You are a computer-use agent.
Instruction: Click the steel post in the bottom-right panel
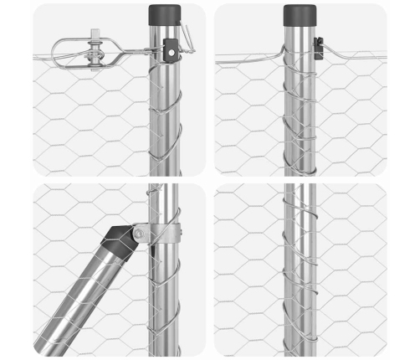point(300,276)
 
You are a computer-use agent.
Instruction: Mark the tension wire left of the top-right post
point(247,58)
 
